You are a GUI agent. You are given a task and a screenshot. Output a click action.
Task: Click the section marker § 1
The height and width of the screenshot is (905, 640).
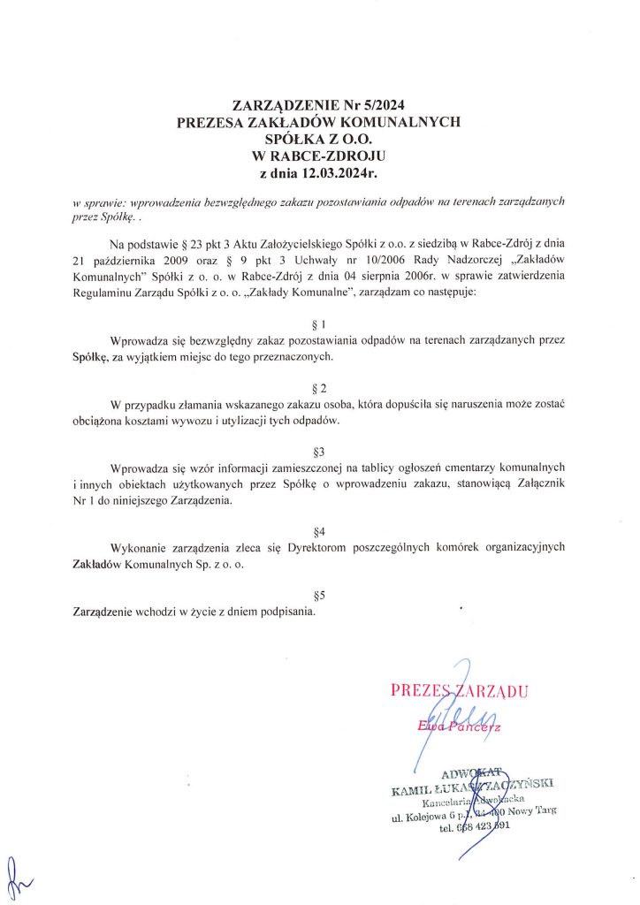coord(320,323)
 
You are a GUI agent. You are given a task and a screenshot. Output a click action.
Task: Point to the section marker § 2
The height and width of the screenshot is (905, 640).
coord(320,388)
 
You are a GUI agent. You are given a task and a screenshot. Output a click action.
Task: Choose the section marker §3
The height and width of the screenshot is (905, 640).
coord(320,451)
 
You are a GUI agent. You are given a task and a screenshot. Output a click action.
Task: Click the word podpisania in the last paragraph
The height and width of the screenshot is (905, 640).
coord(284,611)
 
